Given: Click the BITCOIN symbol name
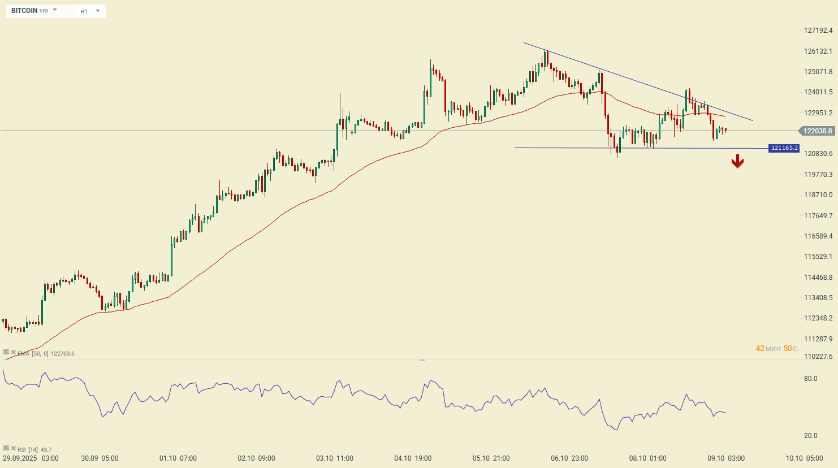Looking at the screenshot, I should click(24, 11).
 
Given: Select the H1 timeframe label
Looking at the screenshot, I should click(84, 11).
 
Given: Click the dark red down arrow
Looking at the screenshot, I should click(737, 162).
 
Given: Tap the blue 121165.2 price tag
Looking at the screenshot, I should click(784, 148).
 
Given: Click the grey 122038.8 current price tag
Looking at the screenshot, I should click(817, 131).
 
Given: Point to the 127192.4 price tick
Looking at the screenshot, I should click(818, 31).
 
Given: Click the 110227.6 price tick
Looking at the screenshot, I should click(818, 357).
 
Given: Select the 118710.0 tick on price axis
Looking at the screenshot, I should click(818, 195).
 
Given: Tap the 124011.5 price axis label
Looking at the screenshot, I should click(818, 92).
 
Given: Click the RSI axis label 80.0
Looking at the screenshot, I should click(810, 379).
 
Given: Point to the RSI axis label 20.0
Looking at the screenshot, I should click(810, 436).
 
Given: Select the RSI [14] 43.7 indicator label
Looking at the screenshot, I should click(34, 449).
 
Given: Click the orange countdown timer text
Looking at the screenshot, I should click(777, 349).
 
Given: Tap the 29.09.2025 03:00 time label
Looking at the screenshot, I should click(31, 458).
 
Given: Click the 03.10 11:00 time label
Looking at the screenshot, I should click(335, 458).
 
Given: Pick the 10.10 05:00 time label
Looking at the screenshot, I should click(804, 458).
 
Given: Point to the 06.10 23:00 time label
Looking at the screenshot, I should click(569, 458).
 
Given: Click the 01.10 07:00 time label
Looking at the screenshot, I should click(178, 458).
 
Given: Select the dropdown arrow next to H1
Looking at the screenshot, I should click(98, 11).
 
